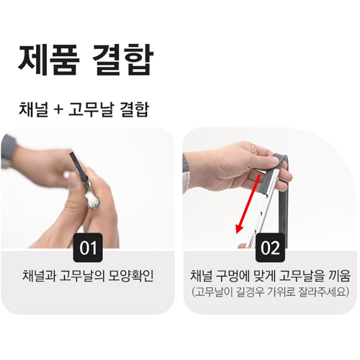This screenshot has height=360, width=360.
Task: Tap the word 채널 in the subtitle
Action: point(34,111)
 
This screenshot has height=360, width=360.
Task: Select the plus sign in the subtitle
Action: point(59,112)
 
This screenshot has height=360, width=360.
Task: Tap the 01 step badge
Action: point(89,249)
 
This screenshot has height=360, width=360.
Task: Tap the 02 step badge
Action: point(271,249)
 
